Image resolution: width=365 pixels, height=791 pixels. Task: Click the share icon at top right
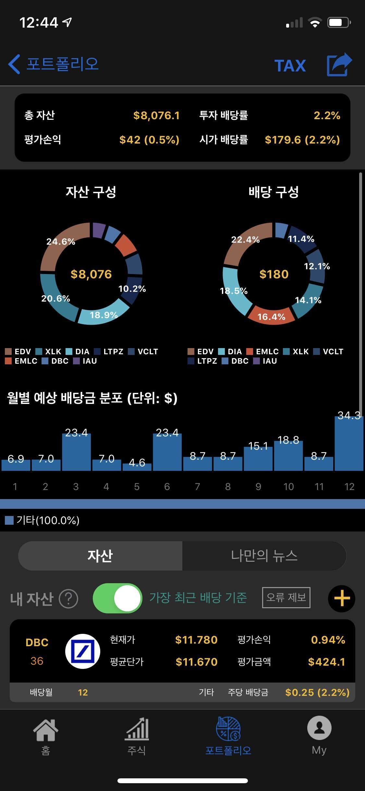tap(339, 65)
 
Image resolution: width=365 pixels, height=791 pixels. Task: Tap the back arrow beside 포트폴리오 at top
tap(14, 64)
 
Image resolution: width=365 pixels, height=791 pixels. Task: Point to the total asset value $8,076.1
tap(156, 115)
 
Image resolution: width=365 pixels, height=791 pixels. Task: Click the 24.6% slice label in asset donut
tap(61, 242)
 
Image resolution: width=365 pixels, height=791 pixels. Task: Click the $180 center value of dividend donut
tap(274, 274)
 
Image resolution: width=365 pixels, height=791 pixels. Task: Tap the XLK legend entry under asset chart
tap(49, 352)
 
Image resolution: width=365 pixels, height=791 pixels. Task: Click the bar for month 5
tap(137, 467)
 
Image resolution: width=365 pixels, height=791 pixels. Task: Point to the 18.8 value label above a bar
tap(288, 440)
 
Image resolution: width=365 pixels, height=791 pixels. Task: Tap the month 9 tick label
tap(258, 486)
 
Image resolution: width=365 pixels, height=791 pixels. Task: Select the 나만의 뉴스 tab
tap(264, 556)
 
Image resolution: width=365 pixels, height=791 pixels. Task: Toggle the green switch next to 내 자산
tap(117, 598)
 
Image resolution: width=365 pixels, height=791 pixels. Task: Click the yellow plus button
tap(342, 598)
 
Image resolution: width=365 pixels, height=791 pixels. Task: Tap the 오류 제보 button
tap(286, 597)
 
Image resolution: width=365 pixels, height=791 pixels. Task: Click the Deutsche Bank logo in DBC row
tap(83, 651)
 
